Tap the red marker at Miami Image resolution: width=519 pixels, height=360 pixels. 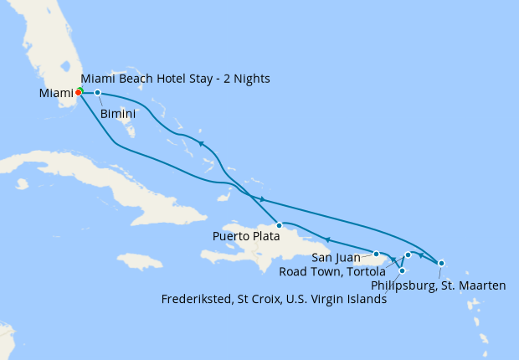78,92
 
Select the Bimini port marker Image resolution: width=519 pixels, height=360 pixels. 98,92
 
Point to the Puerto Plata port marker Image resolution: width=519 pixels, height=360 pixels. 279,225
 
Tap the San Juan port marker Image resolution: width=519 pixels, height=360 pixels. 377,253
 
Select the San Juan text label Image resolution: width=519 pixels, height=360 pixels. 335,256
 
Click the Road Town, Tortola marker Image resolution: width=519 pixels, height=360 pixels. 408,255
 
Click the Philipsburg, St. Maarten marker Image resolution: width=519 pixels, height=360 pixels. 441,263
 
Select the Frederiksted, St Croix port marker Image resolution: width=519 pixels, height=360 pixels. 403,270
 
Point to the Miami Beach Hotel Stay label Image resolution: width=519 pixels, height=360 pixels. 176,79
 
